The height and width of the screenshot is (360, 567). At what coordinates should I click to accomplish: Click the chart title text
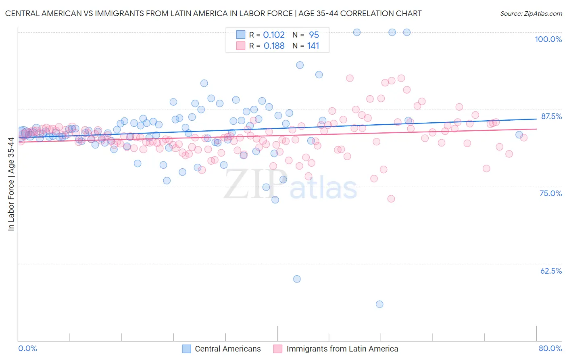pyautogui.click(x=213, y=13)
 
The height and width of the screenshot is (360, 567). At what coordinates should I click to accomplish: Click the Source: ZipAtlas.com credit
pyautogui.click(x=531, y=13)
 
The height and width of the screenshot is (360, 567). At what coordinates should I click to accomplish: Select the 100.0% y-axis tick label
pyautogui.click(x=548, y=39)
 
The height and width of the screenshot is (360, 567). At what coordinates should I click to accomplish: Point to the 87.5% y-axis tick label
pyautogui.click(x=551, y=116)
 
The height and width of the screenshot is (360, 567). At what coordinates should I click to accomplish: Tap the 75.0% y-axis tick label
pyautogui.click(x=550, y=193)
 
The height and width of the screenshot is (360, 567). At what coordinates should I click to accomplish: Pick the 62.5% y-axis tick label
pyautogui.click(x=551, y=271)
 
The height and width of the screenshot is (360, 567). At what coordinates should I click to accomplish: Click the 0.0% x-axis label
pyautogui.click(x=27, y=348)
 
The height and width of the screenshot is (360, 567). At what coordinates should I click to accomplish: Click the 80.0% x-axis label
pyautogui.click(x=550, y=348)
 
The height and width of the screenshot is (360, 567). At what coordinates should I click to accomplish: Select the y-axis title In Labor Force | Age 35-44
pyautogui.click(x=11, y=184)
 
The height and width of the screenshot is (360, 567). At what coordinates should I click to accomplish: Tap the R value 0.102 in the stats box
pyautogui.click(x=274, y=35)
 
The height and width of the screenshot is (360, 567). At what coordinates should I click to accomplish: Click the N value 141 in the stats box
pyautogui.click(x=313, y=46)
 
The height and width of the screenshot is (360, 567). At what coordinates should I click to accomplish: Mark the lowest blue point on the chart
pyautogui.click(x=379, y=304)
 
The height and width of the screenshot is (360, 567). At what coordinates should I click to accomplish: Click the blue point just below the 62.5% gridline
pyautogui.click(x=297, y=279)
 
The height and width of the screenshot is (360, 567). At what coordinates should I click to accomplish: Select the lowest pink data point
pyautogui.click(x=391, y=199)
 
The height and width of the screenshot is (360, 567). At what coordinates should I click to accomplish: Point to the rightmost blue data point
pyautogui.click(x=519, y=135)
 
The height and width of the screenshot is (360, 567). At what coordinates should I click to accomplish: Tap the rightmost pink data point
pyautogui.click(x=523, y=138)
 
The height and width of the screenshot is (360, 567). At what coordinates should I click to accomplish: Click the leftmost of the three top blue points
pyautogui.click(x=357, y=32)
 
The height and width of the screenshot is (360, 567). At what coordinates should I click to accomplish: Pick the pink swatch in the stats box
pyautogui.click(x=241, y=46)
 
